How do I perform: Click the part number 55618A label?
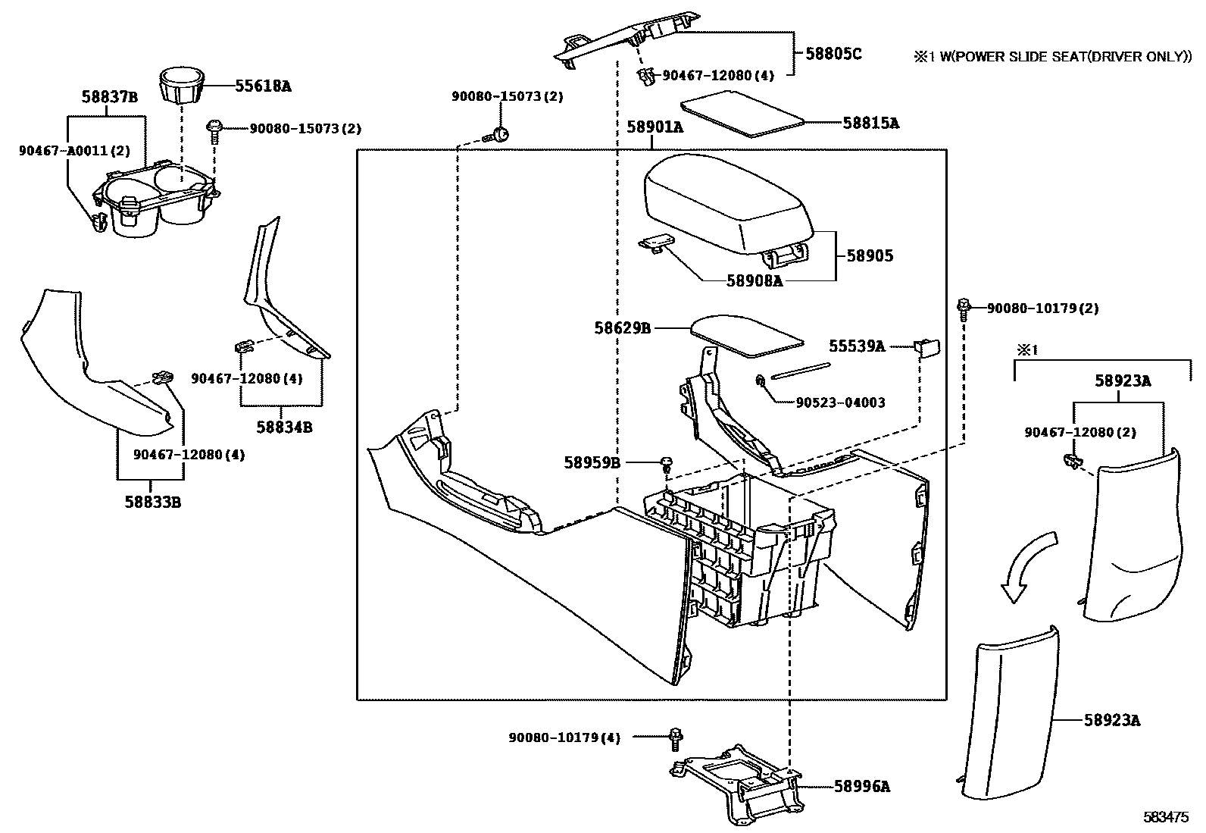coord(262,86)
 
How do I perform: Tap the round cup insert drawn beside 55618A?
coord(182,87)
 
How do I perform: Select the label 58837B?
coord(110,96)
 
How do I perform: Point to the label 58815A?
coord(870,123)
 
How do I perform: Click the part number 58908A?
coord(753,280)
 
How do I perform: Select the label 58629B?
coord(622,328)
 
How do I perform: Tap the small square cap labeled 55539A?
coord(927,346)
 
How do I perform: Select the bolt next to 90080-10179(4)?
coord(676,736)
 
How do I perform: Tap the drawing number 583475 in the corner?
coord(1166,817)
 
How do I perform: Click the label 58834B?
coord(284,427)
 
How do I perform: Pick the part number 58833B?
coord(152,501)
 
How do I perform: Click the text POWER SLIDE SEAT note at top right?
coord(1052,56)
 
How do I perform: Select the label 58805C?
coord(833,54)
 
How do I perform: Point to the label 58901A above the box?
coord(655,127)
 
